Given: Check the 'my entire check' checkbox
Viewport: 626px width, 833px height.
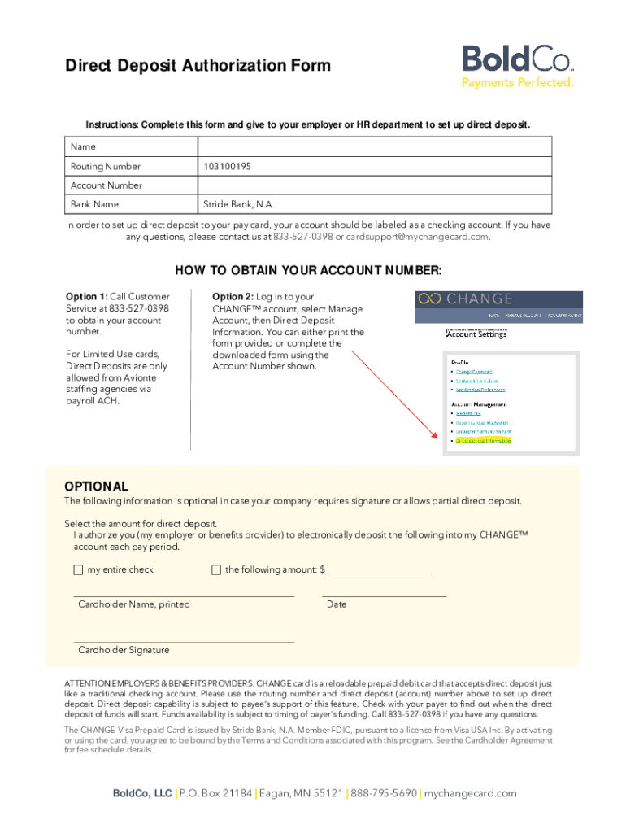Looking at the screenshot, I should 78,569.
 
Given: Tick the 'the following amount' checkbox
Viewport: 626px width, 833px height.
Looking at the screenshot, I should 216,569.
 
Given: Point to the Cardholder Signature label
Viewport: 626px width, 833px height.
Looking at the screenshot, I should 124,650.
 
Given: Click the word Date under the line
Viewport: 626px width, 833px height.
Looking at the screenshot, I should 337,604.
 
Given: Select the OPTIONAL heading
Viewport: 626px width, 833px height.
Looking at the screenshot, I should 96,486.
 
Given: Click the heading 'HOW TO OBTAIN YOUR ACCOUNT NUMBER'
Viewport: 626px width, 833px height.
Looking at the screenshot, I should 308,271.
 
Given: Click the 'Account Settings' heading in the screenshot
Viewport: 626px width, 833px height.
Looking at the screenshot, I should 476,334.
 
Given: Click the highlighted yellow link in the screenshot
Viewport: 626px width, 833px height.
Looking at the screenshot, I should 483,440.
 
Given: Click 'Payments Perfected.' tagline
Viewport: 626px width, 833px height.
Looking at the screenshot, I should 518,82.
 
